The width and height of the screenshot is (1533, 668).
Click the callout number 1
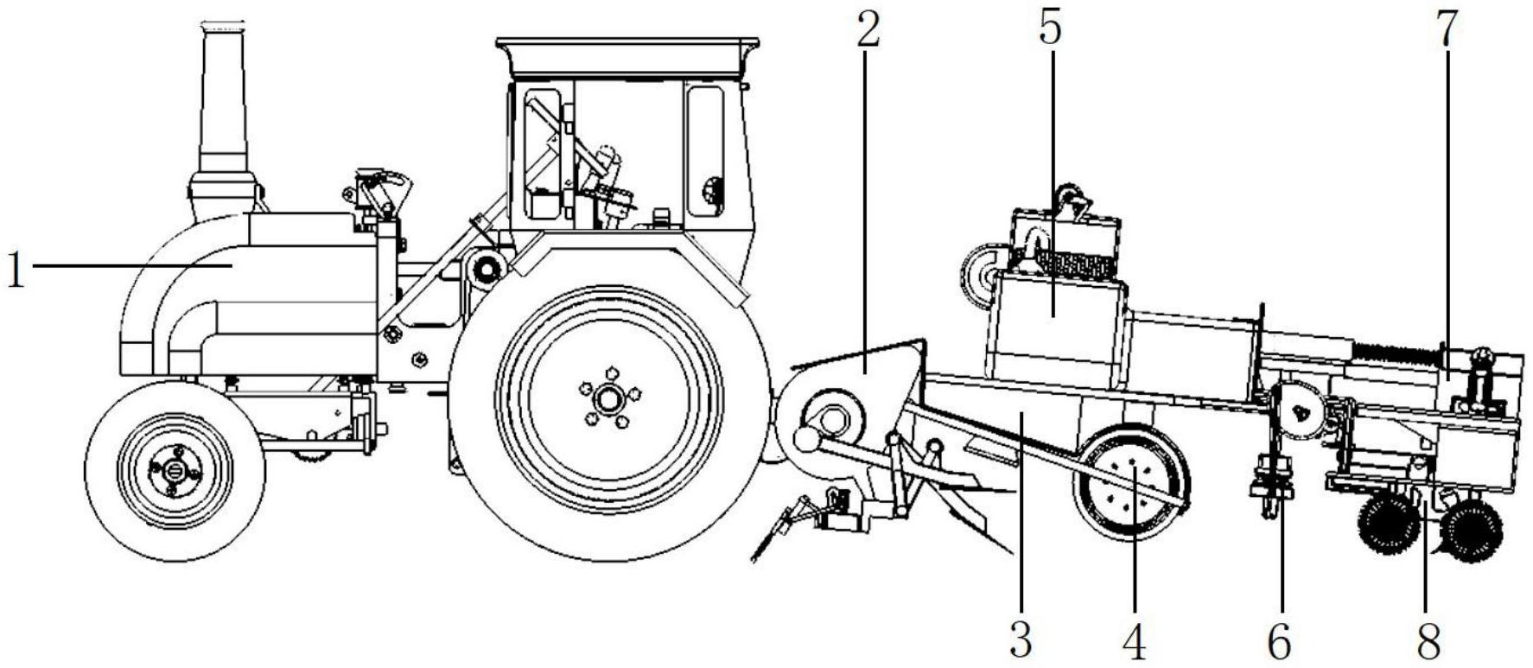[16, 269]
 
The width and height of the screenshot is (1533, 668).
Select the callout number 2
[868, 29]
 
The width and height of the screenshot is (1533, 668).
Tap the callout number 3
[1021, 640]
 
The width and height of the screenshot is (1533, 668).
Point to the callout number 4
[1134, 640]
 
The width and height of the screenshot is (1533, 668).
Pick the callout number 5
[1050, 29]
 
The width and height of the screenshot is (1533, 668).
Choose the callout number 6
[1279, 640]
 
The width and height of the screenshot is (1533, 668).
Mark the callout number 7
[1446, 29]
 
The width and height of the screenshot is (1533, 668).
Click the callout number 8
[1428, 640]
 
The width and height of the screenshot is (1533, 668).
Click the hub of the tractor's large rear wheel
[609, 399]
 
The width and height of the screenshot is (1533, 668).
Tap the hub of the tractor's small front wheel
[174, 470]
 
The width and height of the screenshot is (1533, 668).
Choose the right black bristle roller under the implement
[1471, 530]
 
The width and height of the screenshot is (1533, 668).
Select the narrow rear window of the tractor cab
[705, 151]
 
